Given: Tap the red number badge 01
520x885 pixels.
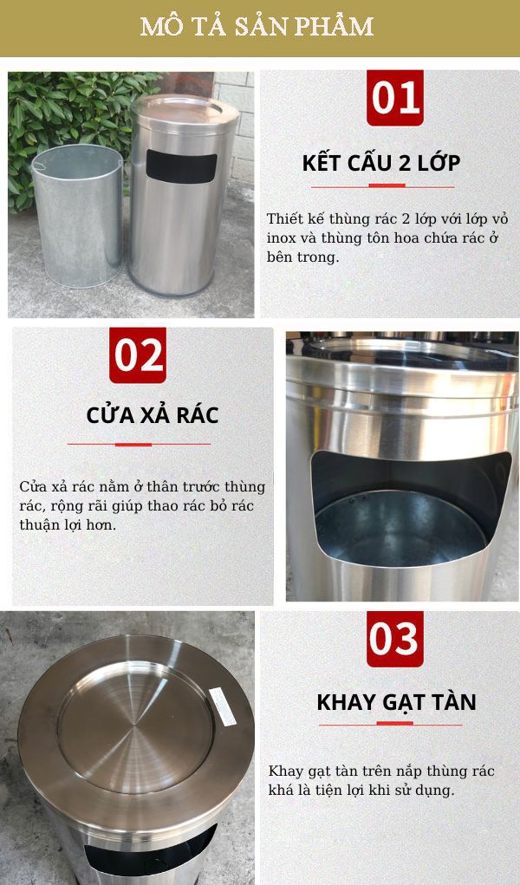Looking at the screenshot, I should pyautogui.click(x=395, y=98).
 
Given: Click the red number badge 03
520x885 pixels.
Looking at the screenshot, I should pyautogui.click(x=394, y=640).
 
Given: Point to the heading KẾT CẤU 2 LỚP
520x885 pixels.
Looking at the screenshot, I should pyautogui.click(x=381, y=163).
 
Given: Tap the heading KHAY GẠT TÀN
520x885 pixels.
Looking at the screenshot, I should pyautogui.click(x=396, y=702).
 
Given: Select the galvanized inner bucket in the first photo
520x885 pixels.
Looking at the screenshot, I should pyautogui.click(x=77, y=217).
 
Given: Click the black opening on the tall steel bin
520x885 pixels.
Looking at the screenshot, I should pyautogui.click(x=180, y=166).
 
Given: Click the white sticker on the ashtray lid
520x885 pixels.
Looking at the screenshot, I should pyautogui.click(x=222, y=706).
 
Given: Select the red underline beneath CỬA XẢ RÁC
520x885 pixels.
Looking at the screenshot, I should pyautogui.click(x=139, y=444).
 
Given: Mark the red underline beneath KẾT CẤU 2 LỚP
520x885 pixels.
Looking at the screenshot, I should pyautogui.click(x=381, y=185).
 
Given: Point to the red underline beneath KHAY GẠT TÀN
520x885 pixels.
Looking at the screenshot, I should pyautogui.click(x=396, y=724).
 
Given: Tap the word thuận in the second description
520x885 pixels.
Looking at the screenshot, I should pyautogui.click(x=40, y=525).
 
